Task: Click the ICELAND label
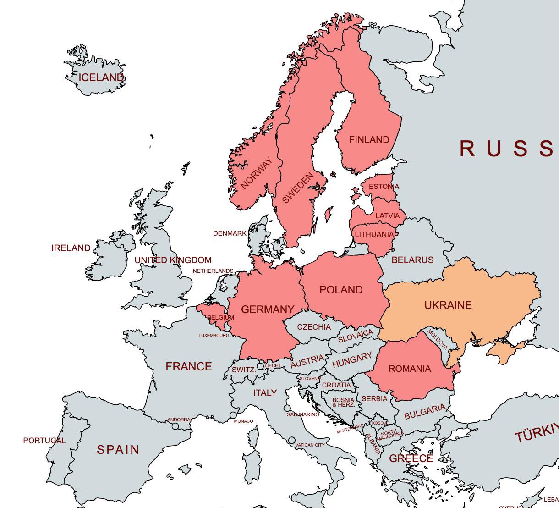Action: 101,77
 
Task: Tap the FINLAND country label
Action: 369,140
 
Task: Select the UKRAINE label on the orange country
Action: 448,305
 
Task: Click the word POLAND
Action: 341,290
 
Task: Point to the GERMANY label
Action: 268,309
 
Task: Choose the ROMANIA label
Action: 410,369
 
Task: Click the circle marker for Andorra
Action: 175,426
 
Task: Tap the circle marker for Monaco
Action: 233,415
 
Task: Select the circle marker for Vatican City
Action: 292,440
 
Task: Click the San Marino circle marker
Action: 287,408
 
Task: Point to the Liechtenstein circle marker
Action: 260,366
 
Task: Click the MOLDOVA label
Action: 437,339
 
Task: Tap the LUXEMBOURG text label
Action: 214,336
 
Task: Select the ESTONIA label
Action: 384,187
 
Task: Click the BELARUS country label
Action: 412,260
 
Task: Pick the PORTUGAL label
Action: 44,441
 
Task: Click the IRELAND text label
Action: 71,248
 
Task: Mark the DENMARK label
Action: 230,233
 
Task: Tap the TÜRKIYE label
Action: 536,433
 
